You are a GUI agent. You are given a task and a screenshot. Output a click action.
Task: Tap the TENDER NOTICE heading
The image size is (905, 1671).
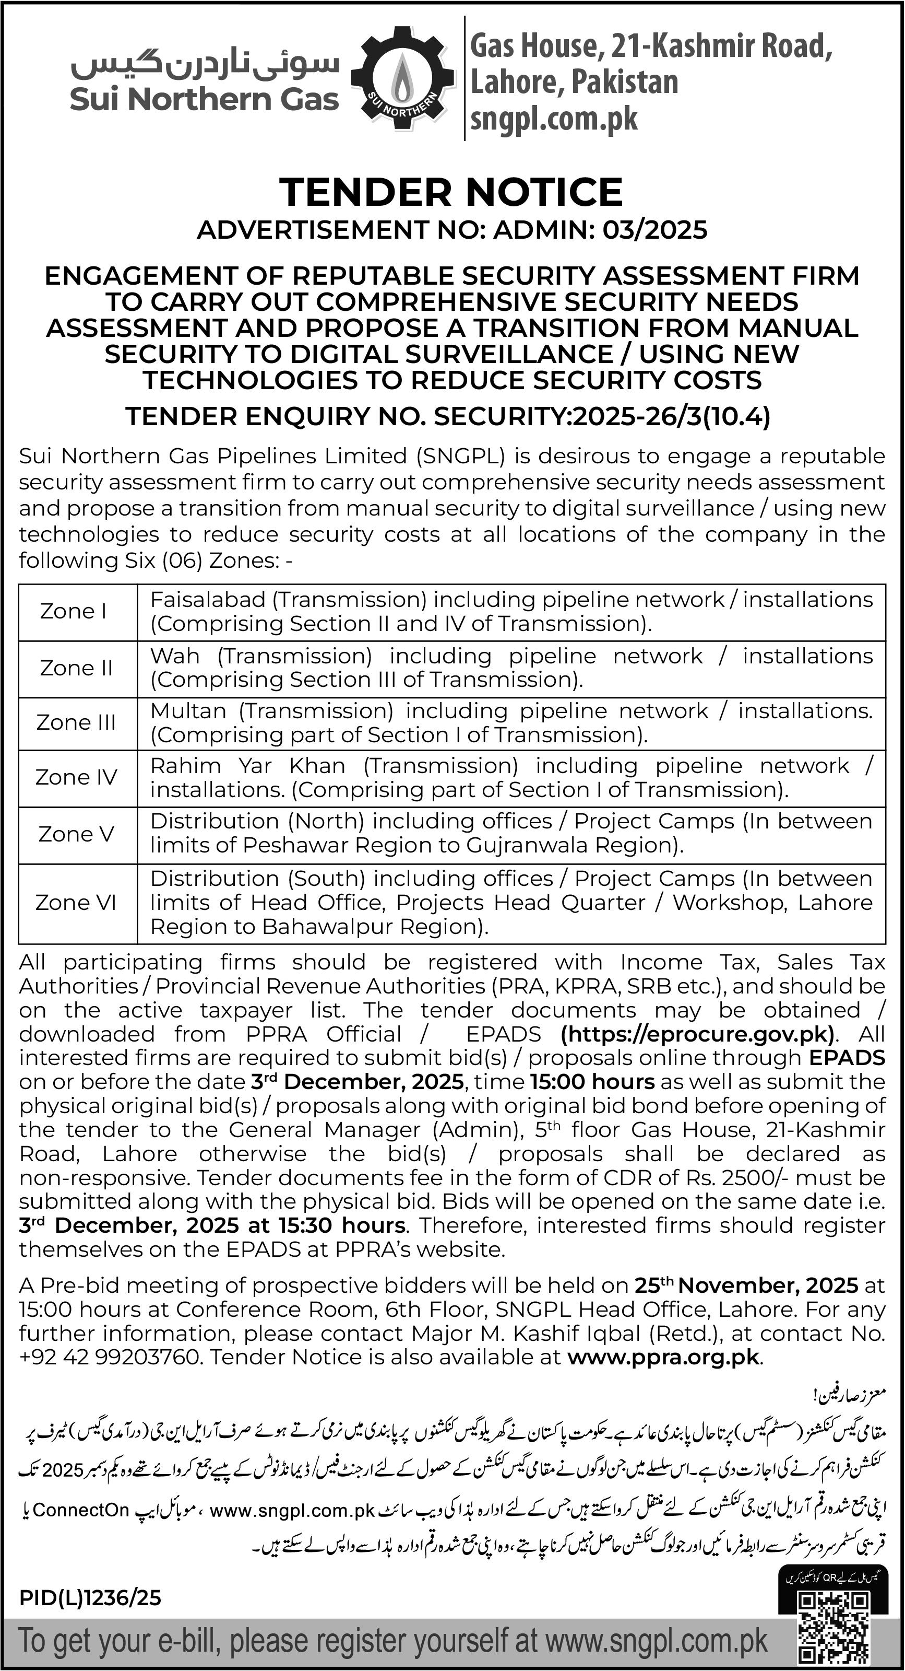451,192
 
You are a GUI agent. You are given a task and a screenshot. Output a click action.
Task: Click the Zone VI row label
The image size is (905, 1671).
76,902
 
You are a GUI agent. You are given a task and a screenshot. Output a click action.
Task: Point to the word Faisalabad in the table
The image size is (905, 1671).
207,599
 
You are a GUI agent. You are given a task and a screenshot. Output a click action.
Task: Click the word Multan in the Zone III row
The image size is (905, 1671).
188,711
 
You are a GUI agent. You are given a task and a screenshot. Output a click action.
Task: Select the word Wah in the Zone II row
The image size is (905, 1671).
174,656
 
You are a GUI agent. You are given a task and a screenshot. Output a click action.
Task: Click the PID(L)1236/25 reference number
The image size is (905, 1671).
90,1597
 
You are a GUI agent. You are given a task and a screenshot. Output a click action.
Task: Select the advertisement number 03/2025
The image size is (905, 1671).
655,230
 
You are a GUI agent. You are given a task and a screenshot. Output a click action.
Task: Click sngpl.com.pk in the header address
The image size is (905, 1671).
554,119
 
